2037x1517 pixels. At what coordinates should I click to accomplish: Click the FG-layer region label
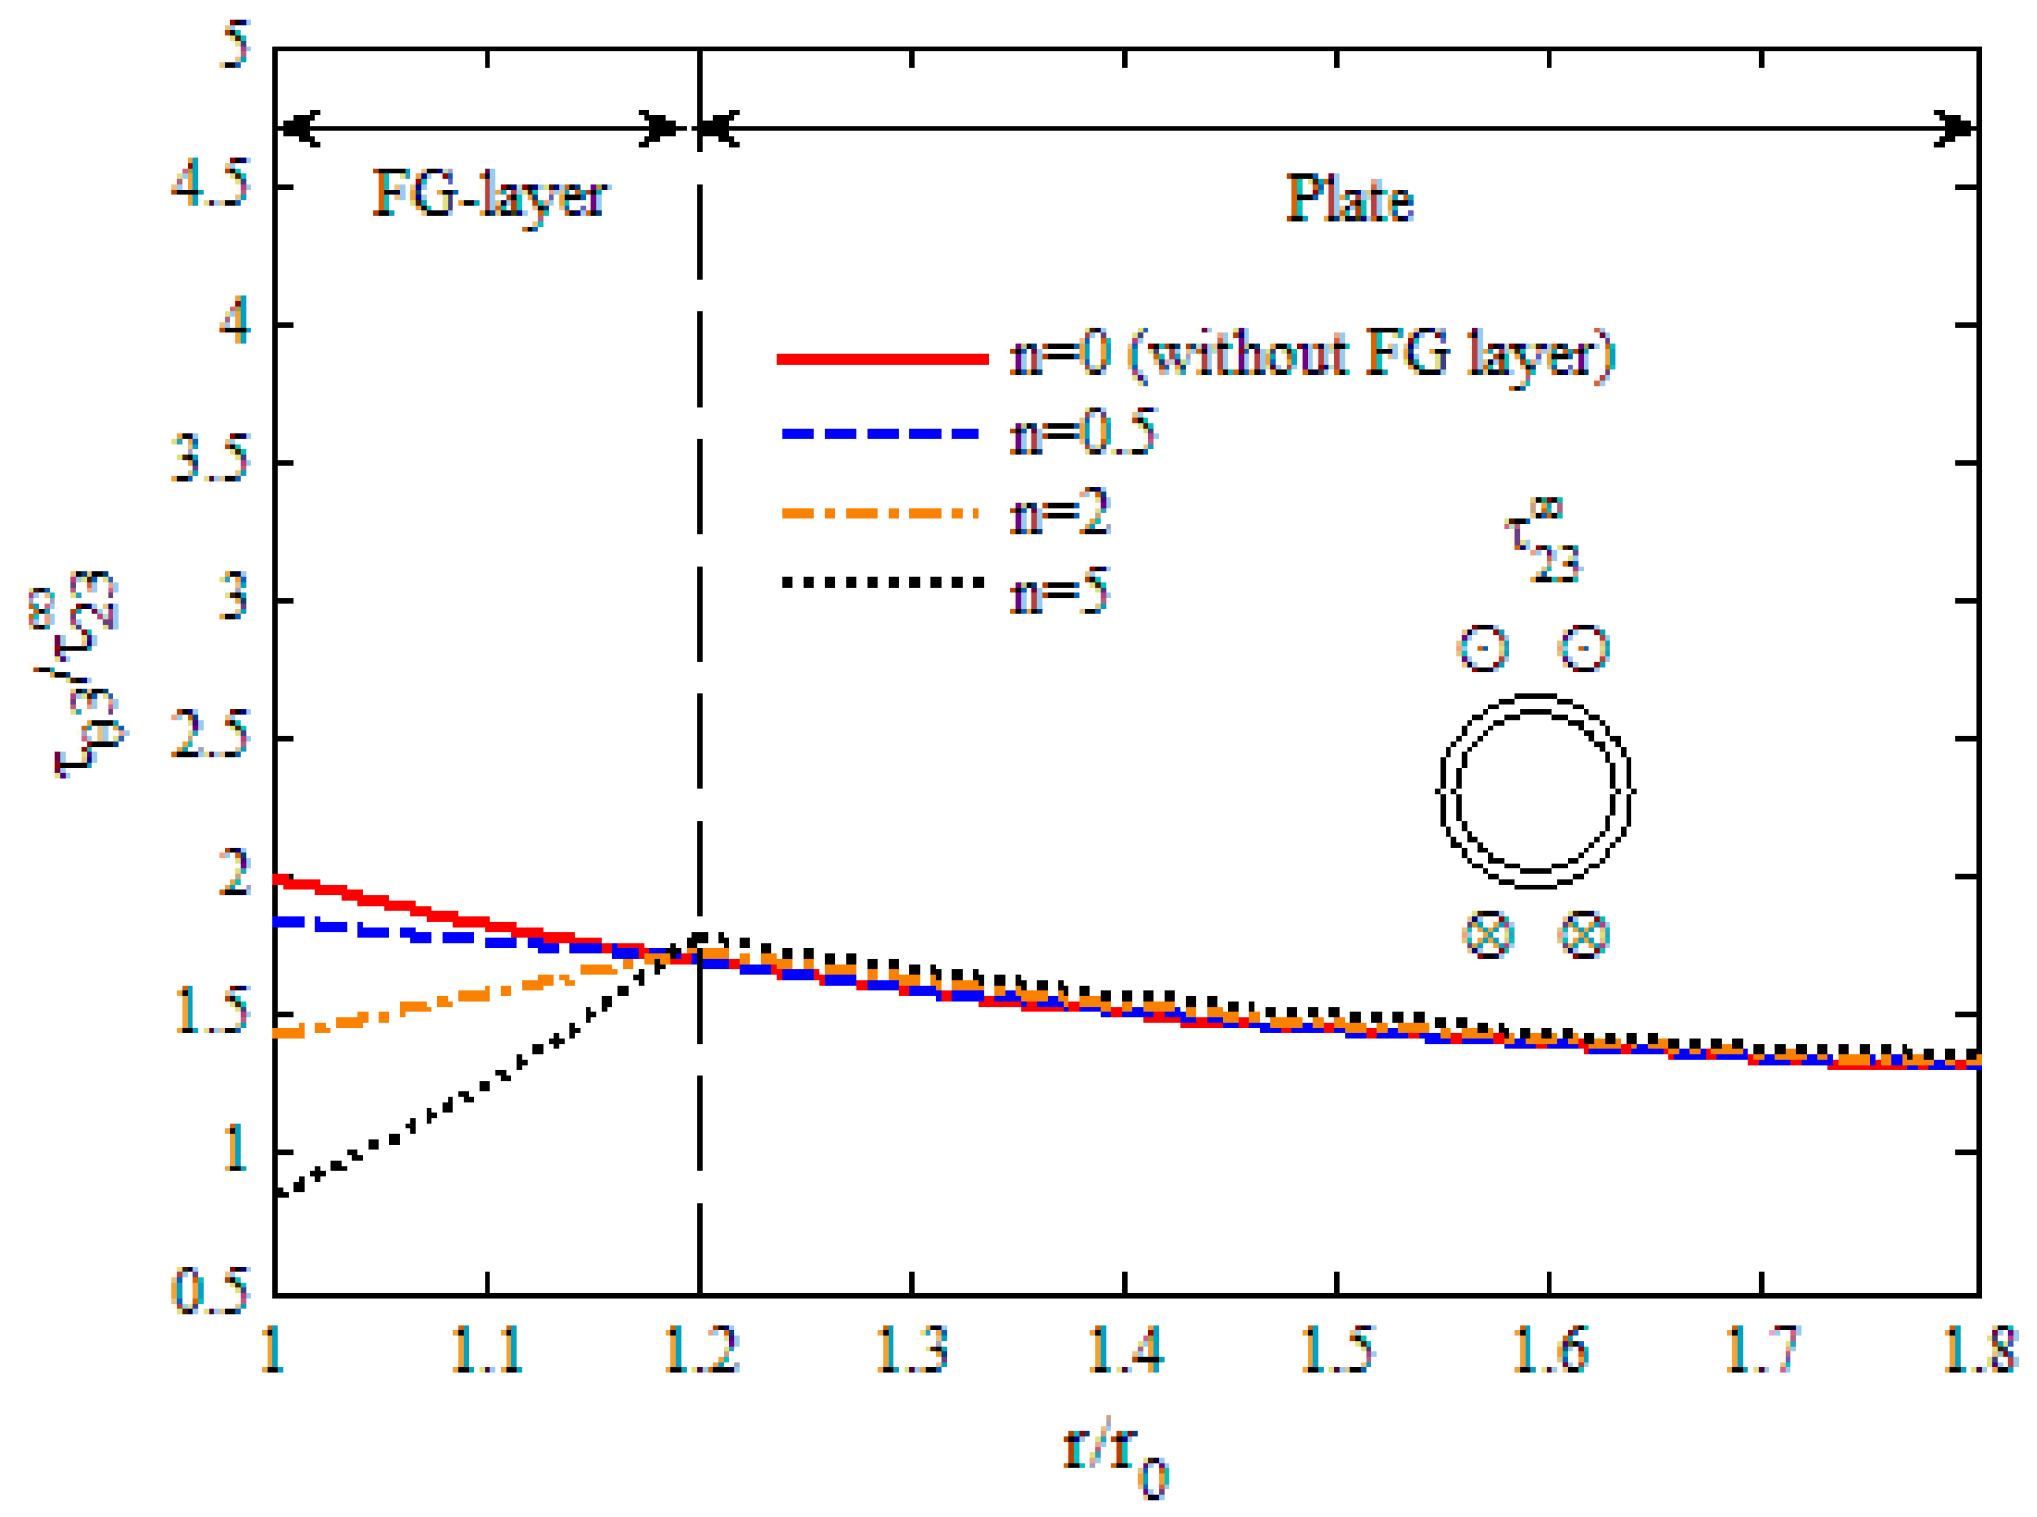click(489, 196)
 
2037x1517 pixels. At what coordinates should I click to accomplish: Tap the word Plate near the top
click(1348, 200)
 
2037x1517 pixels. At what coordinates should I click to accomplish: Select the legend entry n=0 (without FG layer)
click(1312, 354)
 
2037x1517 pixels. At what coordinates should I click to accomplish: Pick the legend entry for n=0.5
click(1084, 433)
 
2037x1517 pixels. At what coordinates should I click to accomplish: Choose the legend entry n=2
click(1060, 514)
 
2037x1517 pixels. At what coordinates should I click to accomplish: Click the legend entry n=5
click(1060, 592)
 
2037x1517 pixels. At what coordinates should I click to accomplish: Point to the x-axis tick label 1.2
click(701, 1350)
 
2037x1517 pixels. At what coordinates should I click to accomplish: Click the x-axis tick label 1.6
click(1550, 1350)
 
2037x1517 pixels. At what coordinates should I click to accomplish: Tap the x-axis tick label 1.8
click(1979, 1350)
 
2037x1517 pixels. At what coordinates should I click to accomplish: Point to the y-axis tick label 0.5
click(210, 1291)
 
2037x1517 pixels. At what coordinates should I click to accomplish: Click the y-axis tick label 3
click(233, 600)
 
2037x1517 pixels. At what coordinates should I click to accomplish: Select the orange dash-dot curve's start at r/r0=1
click(278, 1032)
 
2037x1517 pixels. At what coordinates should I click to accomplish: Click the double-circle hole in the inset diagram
click(1535, 790)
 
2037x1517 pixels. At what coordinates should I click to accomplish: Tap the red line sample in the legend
click(882, 358)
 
